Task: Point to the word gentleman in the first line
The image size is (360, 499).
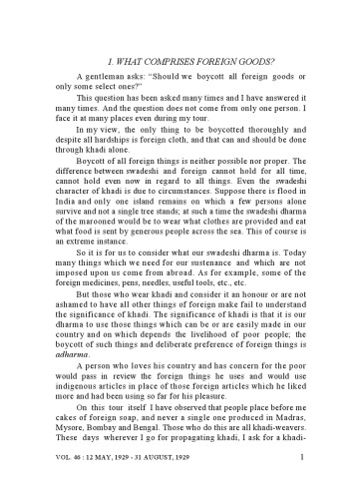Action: (x=104, y=75)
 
